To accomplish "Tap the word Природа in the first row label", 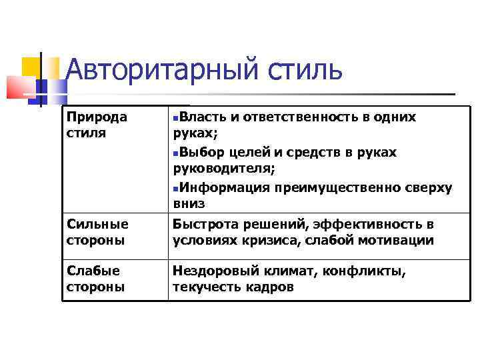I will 97,117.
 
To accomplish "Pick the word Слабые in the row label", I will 93,271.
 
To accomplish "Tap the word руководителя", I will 223,169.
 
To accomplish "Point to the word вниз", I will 189,204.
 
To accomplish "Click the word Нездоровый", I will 214,271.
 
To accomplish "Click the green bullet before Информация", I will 175,189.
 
